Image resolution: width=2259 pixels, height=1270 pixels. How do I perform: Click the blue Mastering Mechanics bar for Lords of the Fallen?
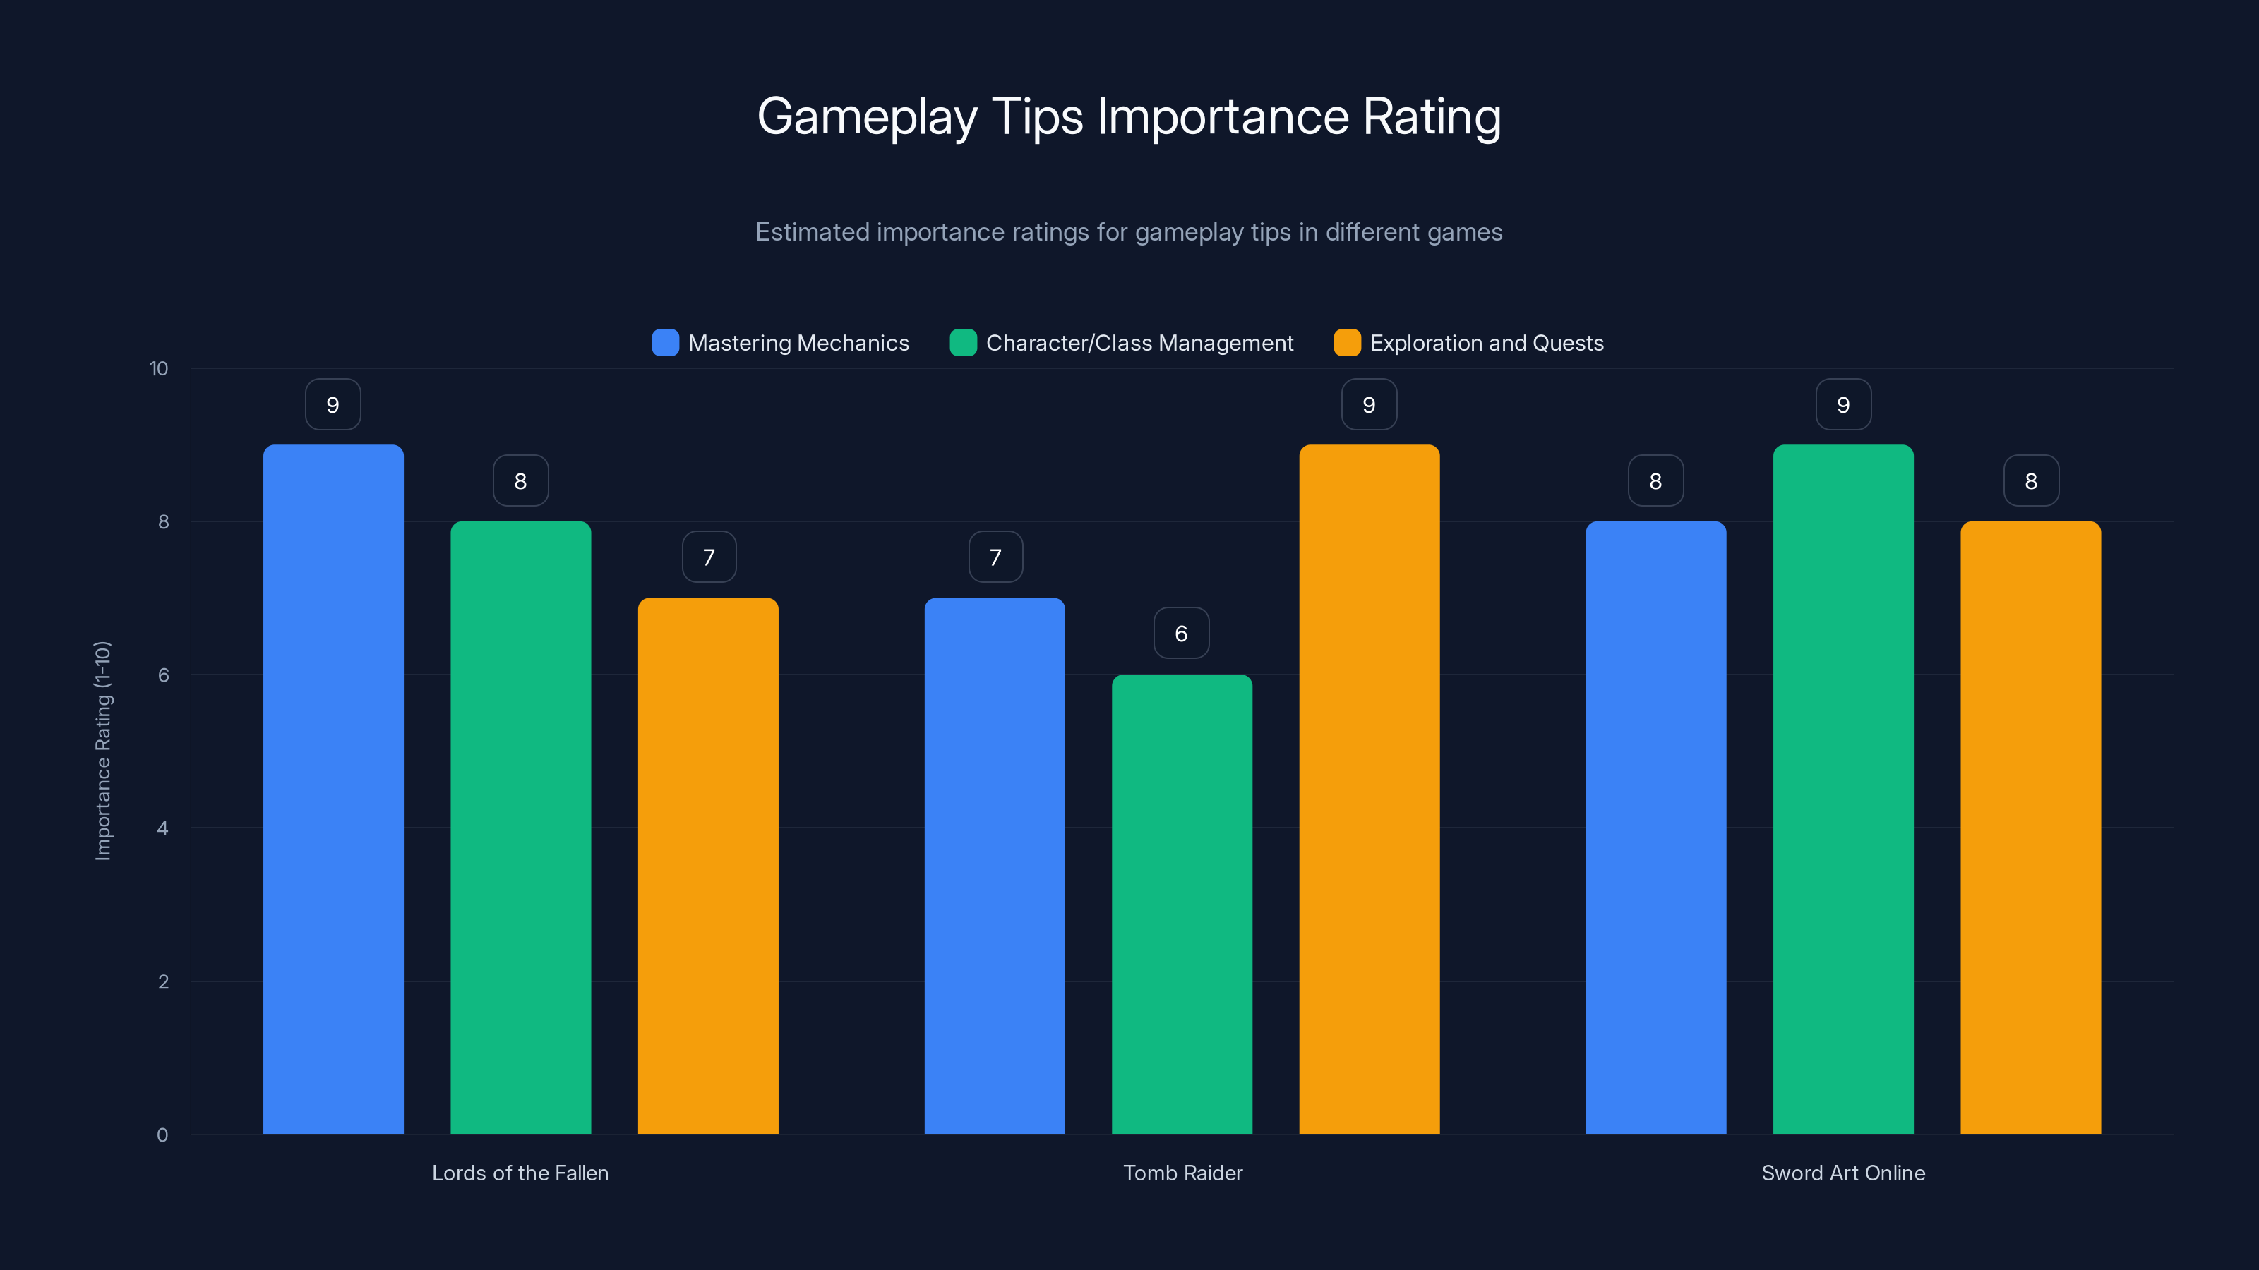click(333, 789)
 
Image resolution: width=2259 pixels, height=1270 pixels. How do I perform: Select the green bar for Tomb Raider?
click(1181, 903)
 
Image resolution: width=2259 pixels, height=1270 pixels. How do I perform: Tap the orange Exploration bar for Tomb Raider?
click(1369, 789)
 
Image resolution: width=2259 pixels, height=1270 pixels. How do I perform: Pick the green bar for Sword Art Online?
click(1842, 789)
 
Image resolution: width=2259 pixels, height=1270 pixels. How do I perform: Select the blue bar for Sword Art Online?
click(1655, 828)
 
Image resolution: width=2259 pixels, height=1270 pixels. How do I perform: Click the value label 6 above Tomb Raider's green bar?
click(1181, 633)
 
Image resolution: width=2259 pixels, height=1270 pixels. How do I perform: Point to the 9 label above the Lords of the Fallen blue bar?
click(332, 404)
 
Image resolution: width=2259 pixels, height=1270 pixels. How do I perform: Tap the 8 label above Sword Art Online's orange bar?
click(2030, 480)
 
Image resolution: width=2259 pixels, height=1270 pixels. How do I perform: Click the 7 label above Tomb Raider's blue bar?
click(995, 557)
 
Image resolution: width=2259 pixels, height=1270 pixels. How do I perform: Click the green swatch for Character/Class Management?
click(963, 343)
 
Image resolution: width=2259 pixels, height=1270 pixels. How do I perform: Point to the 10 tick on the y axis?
click(159, 368)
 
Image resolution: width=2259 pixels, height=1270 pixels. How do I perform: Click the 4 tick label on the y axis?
click(162, 828)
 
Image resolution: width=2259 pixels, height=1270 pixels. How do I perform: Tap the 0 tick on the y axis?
click(162, 1135)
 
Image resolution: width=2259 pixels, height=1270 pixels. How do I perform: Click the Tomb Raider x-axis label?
click(1182, 1173)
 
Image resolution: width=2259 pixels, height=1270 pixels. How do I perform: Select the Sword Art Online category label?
click(1842, 1173)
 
